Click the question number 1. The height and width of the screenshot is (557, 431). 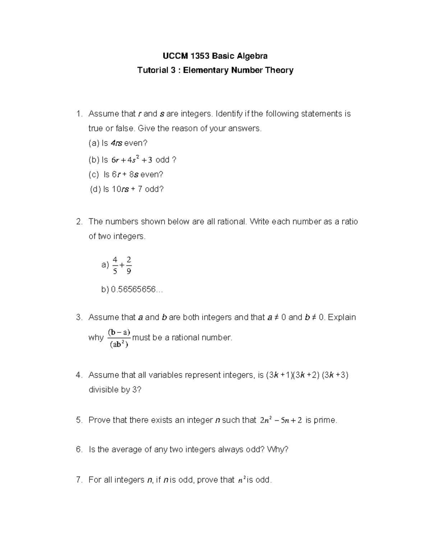point(79,114)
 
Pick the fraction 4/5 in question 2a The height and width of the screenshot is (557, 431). point(115,265)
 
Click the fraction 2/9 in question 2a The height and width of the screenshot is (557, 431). point(129,265)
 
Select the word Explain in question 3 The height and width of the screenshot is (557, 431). point(342,317)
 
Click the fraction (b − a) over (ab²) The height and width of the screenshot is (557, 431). point(119,338)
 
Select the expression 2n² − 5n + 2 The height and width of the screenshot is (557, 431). point(281,420)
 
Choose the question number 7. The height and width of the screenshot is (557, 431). point(79,480)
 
